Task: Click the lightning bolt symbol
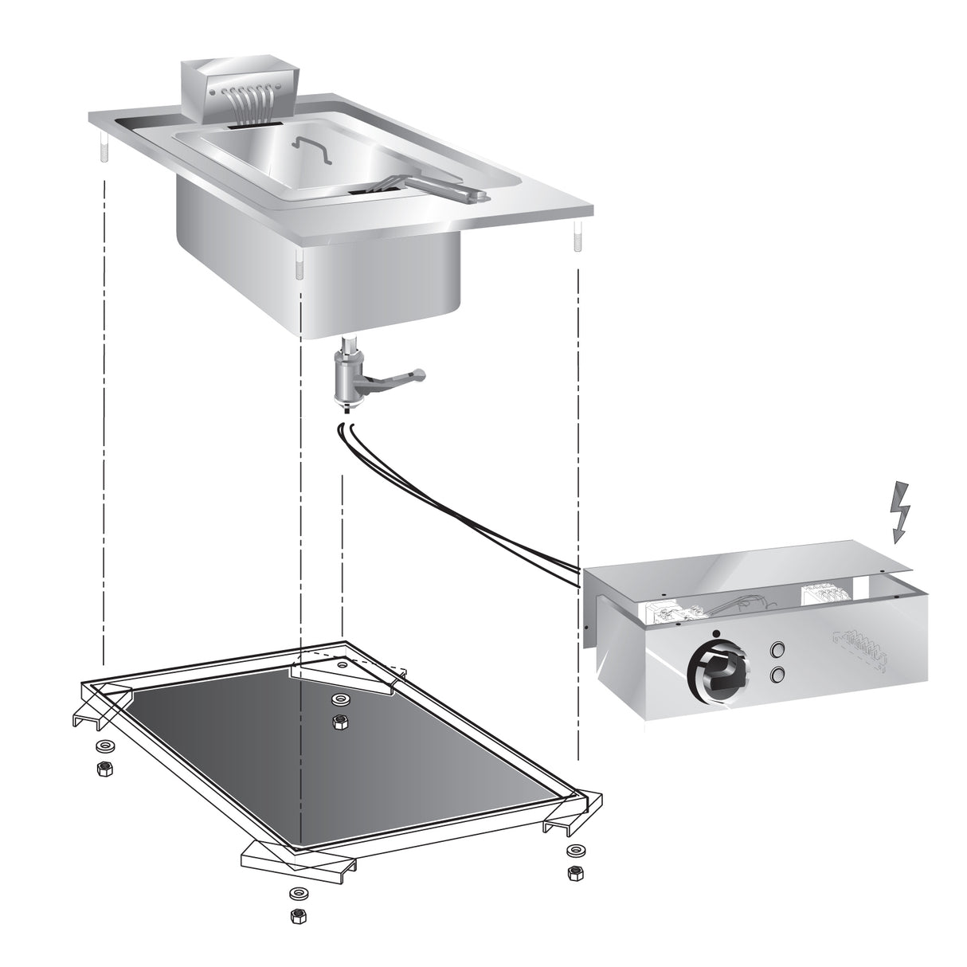(x=899, y=513)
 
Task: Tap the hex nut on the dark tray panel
(x=340, y=722)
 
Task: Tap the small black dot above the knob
(x=716, y=634)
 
